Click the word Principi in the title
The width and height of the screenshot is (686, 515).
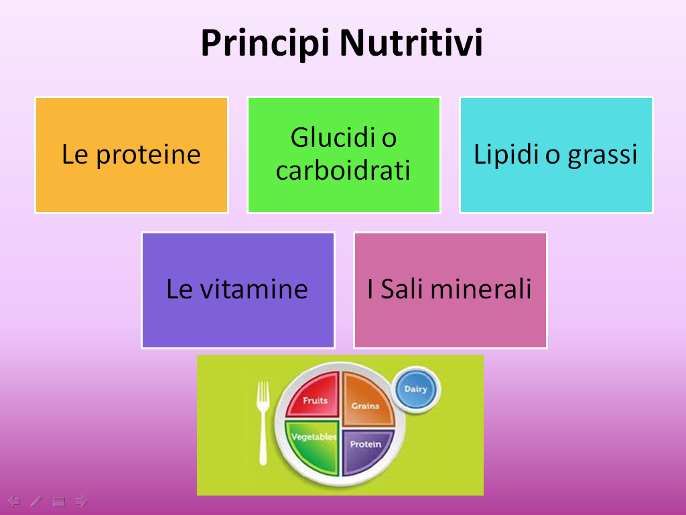pyautogui.click(x=265, y=44)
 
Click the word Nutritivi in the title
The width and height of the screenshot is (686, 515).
pyautogui.click(x=411, y=42)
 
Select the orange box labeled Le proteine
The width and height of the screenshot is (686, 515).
pyautogui.click(x=132, y=155)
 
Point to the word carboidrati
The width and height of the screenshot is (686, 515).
pyautogui.click(x=344, y=170)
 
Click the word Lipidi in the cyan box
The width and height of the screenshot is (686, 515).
pyautogui.click(x=506, y=155)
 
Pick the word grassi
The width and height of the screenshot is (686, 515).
pyautogui.click(x=602, y=156)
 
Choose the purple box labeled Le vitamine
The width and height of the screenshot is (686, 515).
pyautogui.click(x=238, y=290)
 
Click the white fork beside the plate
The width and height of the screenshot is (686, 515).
pyautogui.click(x=263, y=422)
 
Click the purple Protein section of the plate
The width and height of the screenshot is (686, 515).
pyautogui.click(x=366, y=450)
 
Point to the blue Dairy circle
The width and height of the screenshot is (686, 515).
pyautogui.click(x=416, y=389)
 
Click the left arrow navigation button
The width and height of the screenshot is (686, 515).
pyautogui.click(x=13, y=501)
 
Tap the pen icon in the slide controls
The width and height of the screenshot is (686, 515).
pyautogui.click(x=36, y=501)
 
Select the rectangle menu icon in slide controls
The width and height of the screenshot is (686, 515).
pyautogui.click(x=59, y=502)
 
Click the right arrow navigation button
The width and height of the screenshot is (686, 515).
pyautogui.click(x=81, y=501)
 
